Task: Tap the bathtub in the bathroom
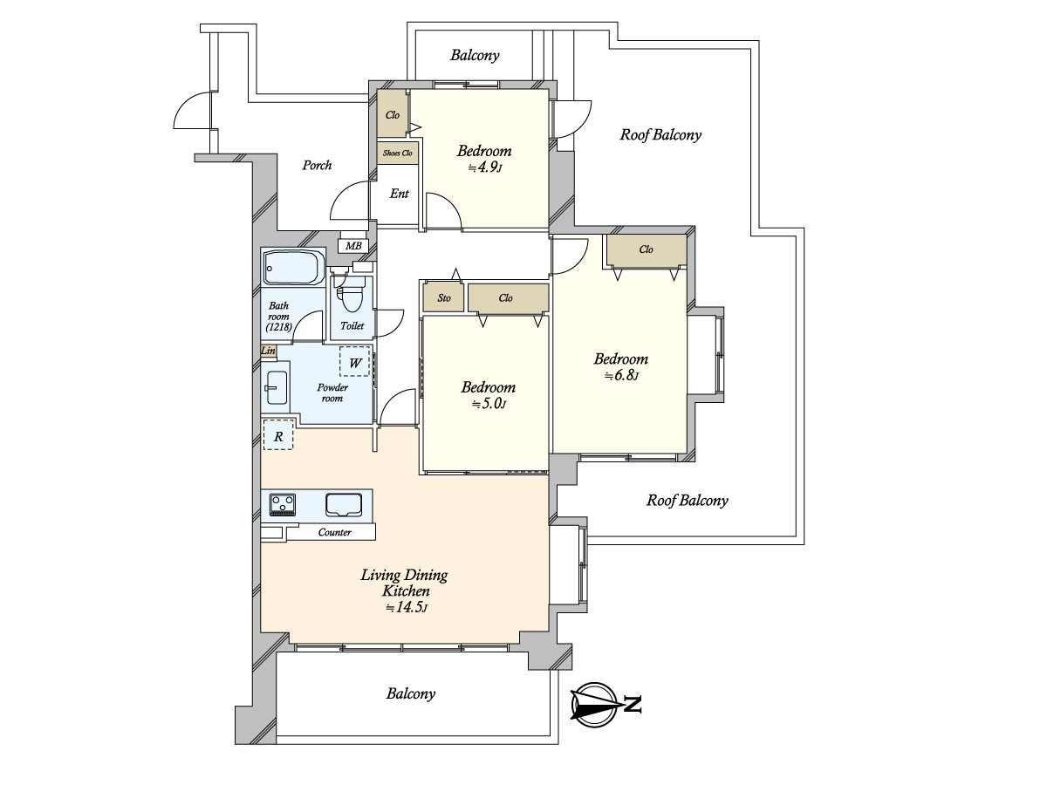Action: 292,268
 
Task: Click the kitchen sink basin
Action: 345,505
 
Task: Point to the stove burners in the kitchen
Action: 282,504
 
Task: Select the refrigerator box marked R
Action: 277,434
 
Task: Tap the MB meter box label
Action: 353,246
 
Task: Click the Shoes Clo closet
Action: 398,154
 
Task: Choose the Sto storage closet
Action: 444,298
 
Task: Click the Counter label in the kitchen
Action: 334,532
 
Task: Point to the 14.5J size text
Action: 406,607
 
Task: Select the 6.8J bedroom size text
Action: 620,376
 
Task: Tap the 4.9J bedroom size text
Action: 484,167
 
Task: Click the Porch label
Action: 317,165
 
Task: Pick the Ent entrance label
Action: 399,194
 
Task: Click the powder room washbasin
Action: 277,388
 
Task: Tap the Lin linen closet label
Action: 269,352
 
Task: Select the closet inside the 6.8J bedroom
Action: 646,249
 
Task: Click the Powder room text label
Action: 332,392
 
